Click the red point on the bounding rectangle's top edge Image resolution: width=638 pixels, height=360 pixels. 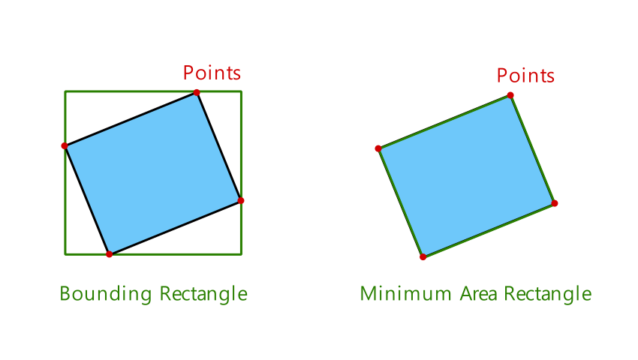click(197, 92)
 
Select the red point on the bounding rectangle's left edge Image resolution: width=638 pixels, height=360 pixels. click(65, 145)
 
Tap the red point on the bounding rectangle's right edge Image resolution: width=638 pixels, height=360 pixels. click(241, 200)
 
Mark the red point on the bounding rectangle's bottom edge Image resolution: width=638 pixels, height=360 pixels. click(109, 254)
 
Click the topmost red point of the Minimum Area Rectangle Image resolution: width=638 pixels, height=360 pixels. click(510, 95)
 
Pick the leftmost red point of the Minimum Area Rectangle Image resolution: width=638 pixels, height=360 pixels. click(378, 148)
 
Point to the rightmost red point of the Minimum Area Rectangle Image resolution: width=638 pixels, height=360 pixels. click(555, 203)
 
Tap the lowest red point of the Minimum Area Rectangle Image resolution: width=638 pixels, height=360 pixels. click(423, 257)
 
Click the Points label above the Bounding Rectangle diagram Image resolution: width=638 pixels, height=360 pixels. click(212, 73)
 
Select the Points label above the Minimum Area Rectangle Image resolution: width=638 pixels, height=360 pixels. click(525, 76)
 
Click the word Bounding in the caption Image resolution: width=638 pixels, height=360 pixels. click(106, 294)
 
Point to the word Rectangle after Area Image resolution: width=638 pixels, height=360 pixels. click(547, 294)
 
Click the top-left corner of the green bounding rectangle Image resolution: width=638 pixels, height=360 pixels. click(65, 91)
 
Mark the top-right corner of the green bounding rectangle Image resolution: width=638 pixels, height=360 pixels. click(241, 91)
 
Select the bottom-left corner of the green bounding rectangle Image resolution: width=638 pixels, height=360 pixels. click(65, 253)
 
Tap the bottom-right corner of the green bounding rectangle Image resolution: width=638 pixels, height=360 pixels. click(241, 253)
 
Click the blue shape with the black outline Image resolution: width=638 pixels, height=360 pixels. click(152, 173)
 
